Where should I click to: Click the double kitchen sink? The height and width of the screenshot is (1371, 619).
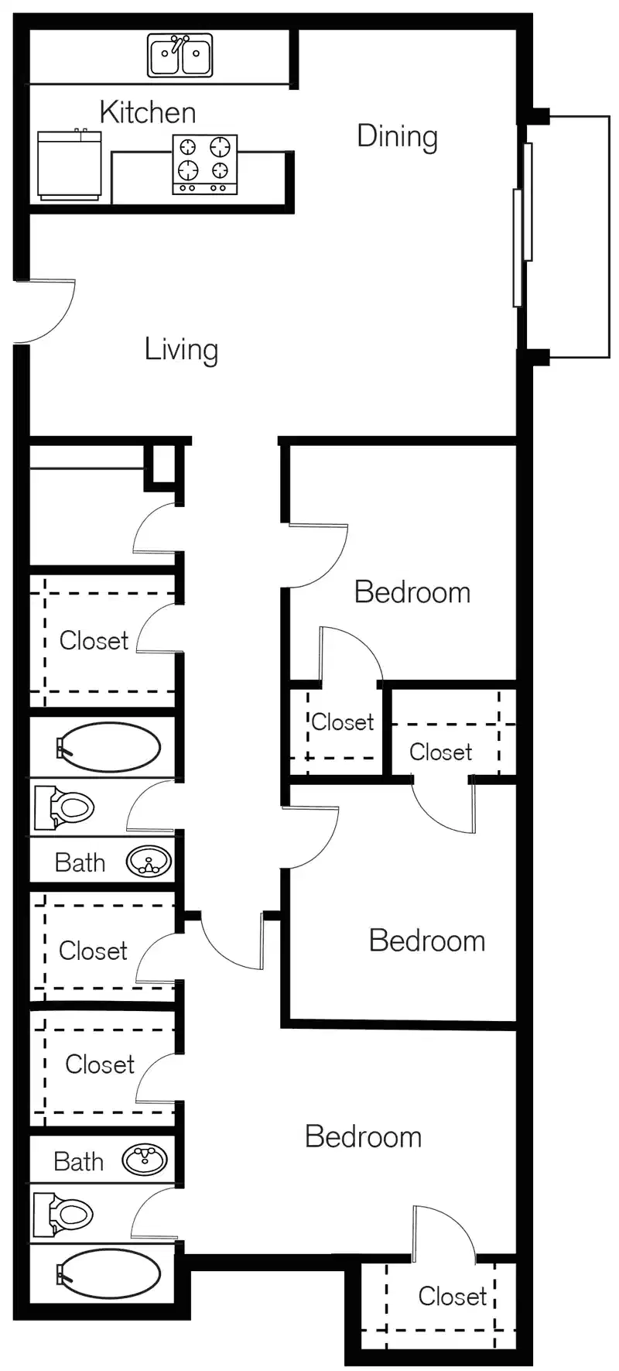click(x=180, y=56)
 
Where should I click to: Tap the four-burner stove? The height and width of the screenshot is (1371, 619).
click(x=204, y=164)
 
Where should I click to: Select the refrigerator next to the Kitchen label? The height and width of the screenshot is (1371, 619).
click(x=70, y=166)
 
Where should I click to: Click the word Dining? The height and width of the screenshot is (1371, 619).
click(x=397, y=136)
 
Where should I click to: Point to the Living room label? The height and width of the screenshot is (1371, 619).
click(x=181, y=349)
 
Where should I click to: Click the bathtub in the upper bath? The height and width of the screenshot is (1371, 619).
click(x=108, y=747)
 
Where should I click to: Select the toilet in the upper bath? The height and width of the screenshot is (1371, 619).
click(x=65, y=807)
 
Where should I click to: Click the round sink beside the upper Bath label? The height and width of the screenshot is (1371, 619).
click(x=149, y=862)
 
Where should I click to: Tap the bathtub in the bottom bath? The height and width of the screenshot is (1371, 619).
click(x=108, y=1273)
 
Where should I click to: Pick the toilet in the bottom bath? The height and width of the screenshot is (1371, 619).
click(x=65, y=1214)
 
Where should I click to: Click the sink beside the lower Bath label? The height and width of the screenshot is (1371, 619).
click(x=145, y=1160)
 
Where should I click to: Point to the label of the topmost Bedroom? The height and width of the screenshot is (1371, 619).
click(x=412, y=592)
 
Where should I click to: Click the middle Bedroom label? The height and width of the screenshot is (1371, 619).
click(x=426, y=941)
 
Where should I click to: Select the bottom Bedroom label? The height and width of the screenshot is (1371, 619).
click(x=363, y=1136)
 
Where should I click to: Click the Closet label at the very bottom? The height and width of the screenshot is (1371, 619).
click(x=452, y=1296)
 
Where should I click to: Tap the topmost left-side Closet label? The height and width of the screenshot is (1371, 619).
click(x=94, y=640)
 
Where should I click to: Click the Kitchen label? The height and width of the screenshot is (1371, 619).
click(x=147, y=112)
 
